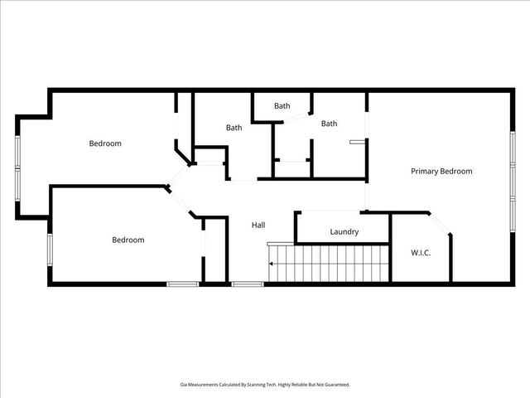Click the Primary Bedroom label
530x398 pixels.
[441, 172]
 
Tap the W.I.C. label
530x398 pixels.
[421, 252]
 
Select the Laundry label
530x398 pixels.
[344, 232]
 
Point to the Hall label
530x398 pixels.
[258, 225]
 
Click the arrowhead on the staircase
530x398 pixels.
[271, 265]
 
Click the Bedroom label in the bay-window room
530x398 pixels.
[105, 143]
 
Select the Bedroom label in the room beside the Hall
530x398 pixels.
[128, 240]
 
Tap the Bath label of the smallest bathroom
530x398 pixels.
[282, 106]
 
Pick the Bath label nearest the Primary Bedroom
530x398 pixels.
[330, 124]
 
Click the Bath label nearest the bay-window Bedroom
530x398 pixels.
[234, 128]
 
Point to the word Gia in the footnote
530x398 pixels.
[183, 385]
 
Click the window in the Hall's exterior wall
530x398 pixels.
[247, 284]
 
